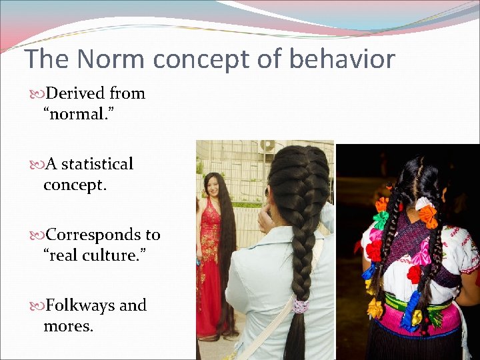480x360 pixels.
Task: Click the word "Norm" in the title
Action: click(x=111, y=59)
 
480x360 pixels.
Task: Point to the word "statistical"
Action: click(x=97, y=164)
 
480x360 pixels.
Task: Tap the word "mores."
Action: click(x=69, y=327)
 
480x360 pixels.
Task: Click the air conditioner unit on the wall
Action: click(x=268, y=145)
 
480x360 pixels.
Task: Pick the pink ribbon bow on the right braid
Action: click(x=419, y=254)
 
